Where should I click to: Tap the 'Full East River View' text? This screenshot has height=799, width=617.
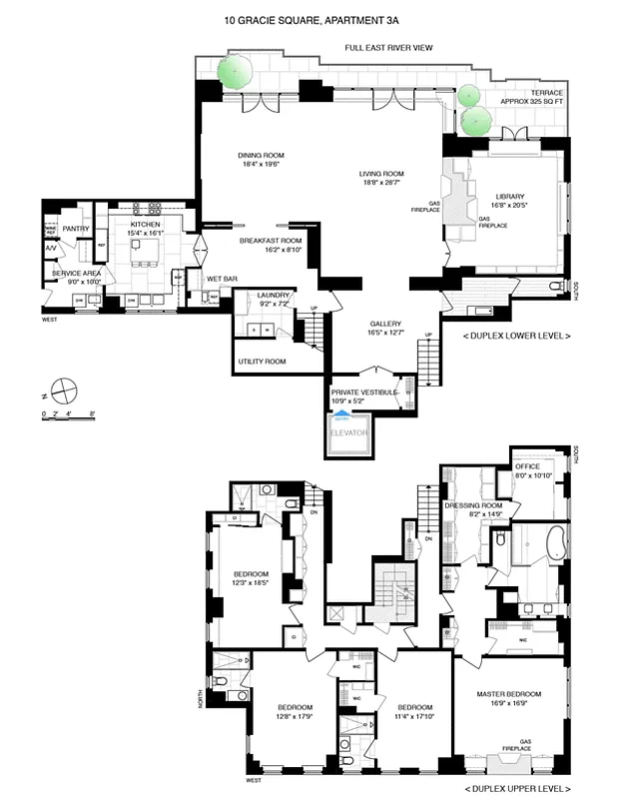pos(389,47)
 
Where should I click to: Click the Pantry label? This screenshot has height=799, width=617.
pos(76,229)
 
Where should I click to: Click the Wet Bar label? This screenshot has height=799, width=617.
pos(222,279)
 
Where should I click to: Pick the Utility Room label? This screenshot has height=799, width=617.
pos(262,361)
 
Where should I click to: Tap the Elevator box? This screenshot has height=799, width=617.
pos(350,434)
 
